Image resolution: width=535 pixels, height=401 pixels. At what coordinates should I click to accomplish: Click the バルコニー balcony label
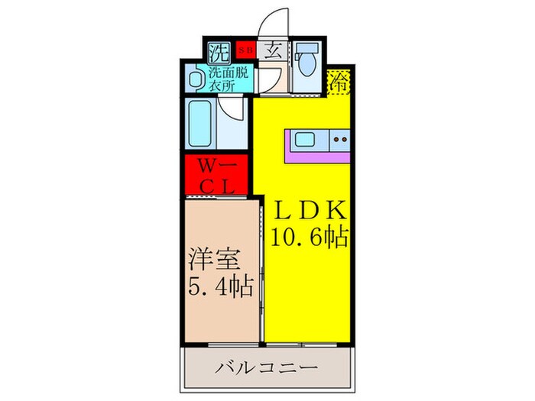coord(267,368)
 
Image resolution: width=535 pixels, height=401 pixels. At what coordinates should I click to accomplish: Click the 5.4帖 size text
coord(220,289)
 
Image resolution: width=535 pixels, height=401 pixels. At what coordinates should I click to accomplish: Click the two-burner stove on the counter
coord(339,140)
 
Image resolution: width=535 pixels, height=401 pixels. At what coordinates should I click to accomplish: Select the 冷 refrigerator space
coord(338,82)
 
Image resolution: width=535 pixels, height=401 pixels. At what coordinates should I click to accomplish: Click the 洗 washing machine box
coord(219,53)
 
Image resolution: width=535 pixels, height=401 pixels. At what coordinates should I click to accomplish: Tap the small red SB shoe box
coord(245,51)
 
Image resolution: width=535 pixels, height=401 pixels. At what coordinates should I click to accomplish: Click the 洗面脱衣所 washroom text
coord(229,79)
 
